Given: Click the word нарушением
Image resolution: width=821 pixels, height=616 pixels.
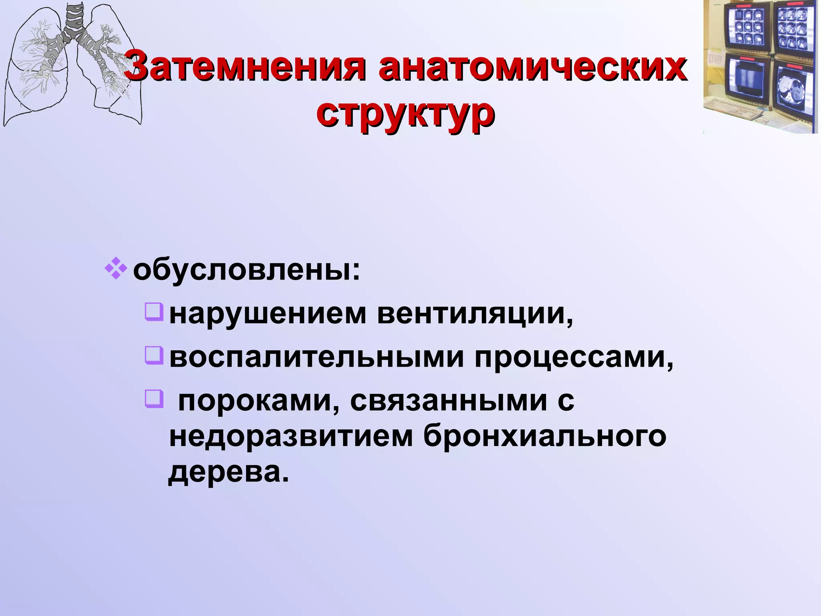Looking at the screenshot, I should click(x=267, y=314).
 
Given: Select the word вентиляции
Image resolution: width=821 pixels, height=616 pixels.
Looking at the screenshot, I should click(x=475, y=314).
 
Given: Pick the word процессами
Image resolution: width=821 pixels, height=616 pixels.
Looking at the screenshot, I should click(x=573, y=358).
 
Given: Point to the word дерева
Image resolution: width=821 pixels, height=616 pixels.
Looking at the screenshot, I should click(x=228, y=473).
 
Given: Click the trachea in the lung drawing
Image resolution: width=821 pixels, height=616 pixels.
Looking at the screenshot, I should click(x=75, y=20).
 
